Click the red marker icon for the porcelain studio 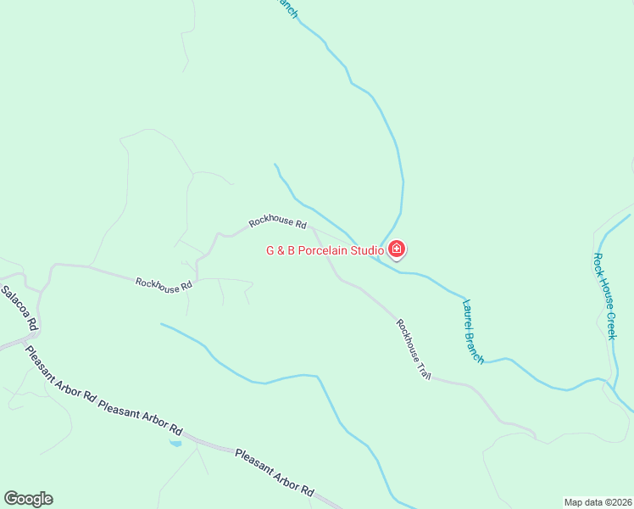(x=397, y=249)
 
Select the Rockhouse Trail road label (x=414, y=348)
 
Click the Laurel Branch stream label (x=473, y=332)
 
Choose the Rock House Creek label (x=605, y=296)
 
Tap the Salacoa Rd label (x=19, y=307)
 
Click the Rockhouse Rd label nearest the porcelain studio (x=277, y=222)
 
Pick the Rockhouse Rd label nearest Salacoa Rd (x=164, y=285)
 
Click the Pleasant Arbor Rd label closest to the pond (x=141, y=417)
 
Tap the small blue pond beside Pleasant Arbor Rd (x=175, y=443)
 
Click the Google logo (x=28, y=499)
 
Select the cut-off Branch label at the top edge (x=286, y=8)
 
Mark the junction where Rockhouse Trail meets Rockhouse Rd (x=312, y=228)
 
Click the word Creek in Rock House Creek (x=610, y=323)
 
